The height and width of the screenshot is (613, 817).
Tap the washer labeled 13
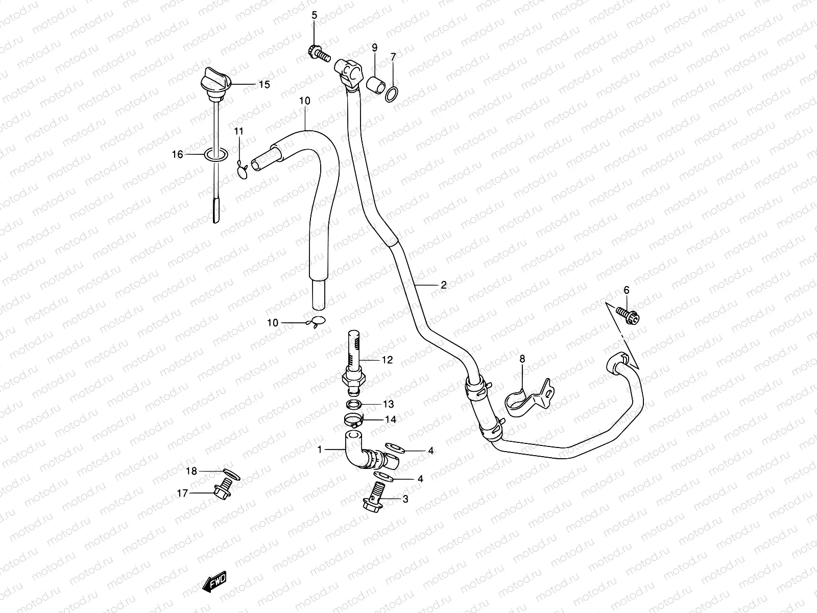tap(355, 405)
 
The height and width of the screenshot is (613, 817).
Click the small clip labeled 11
tap(243, 169)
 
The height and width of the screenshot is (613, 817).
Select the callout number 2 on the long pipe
tap(443, 285)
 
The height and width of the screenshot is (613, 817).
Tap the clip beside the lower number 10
tap(317, 322)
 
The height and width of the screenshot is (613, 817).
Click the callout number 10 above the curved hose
tap(304, 101)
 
